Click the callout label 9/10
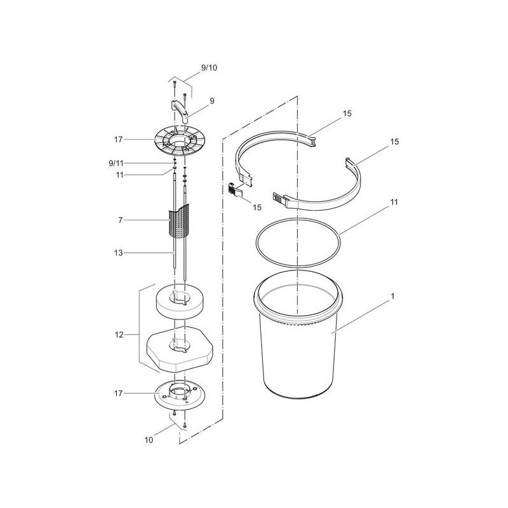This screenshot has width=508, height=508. (209, 68)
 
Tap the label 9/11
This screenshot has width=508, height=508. (116, 163)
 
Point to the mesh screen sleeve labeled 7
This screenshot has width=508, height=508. (179, 220)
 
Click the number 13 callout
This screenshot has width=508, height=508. (119, 253)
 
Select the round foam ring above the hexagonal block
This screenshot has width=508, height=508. (180, 300)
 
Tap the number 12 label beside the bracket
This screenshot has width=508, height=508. (119, 335)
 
